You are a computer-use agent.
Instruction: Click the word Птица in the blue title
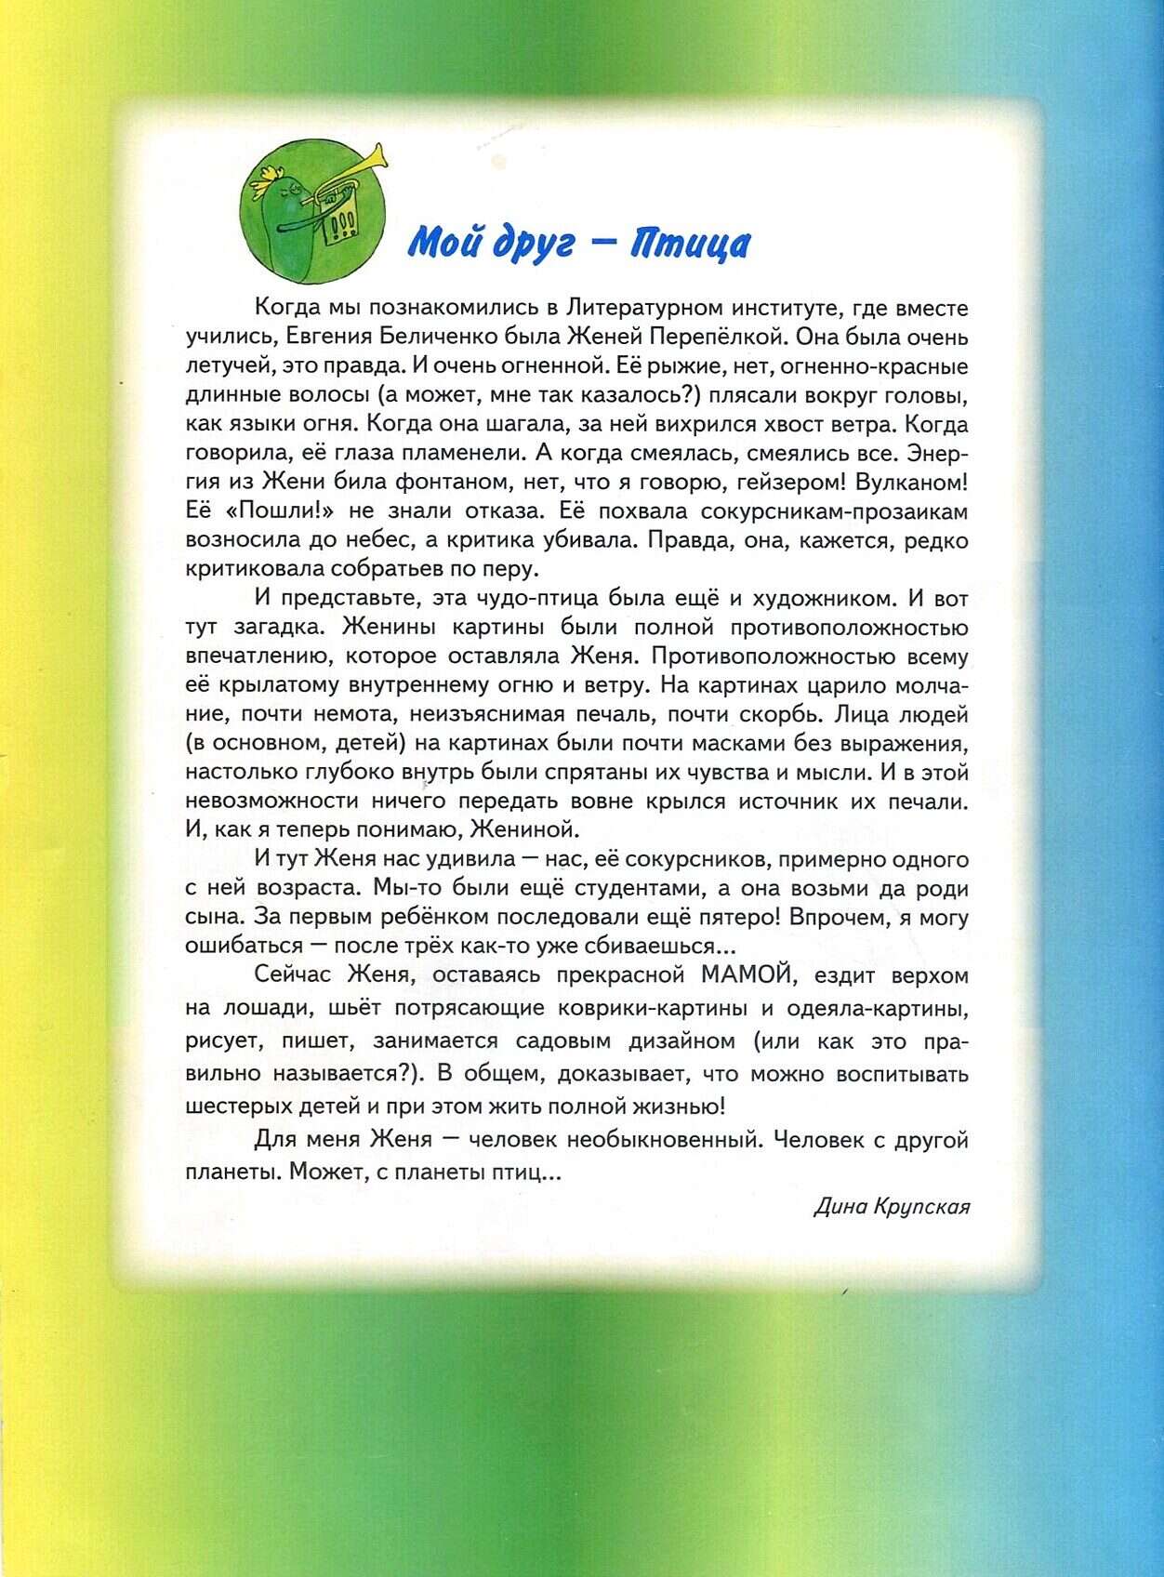tap(690, 244)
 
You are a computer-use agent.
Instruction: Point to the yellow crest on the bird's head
tap(271, 175)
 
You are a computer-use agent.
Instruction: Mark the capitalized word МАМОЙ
tap(740, 975)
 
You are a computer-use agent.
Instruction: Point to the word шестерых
tap(239, 1107)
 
